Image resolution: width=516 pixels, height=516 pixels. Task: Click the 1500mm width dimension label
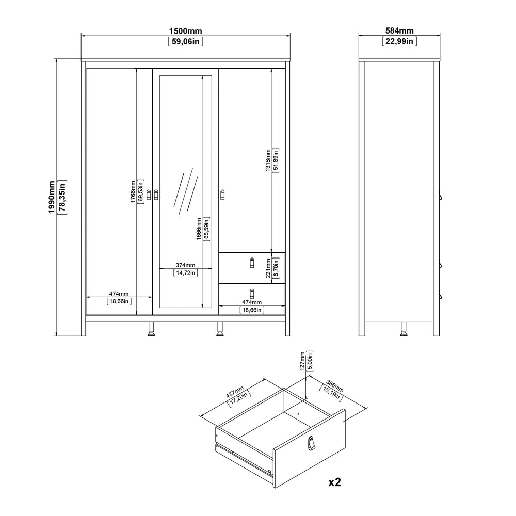186,31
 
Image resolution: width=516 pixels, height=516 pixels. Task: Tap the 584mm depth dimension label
399,30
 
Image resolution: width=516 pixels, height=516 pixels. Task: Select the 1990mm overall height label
52,197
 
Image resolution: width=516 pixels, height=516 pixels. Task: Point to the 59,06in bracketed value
186,41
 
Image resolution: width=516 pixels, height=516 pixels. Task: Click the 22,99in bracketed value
399,41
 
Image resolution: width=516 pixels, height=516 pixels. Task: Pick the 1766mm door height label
133,192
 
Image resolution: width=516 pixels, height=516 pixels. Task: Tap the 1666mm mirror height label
199,229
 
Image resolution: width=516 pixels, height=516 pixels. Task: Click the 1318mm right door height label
268,160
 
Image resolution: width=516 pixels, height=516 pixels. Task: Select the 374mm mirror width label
185,265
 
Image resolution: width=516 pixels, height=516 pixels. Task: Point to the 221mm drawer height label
268,268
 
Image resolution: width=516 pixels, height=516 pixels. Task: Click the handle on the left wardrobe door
149,195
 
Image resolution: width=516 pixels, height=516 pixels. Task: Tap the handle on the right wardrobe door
222,195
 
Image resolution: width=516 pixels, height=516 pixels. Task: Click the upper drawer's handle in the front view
252,262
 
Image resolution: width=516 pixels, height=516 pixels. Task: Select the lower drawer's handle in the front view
252,294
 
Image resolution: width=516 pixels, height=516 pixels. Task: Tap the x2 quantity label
335,482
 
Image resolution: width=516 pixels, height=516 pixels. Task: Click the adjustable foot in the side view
403,329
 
